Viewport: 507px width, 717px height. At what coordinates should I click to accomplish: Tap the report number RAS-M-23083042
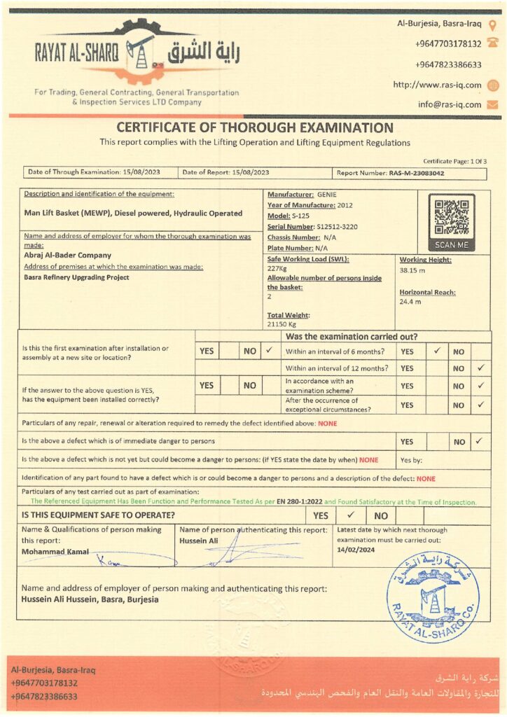click(417, 172)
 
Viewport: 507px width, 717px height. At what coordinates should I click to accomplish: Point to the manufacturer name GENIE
click(326, 194)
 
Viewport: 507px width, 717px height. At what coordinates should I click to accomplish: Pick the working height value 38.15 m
click(412, 270)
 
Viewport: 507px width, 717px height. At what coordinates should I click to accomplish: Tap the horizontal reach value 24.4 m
click(410, 302)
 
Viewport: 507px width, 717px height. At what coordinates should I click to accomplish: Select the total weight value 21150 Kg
click(283, 324)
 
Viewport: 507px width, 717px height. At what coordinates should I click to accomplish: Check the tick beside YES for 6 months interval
click(436, 351)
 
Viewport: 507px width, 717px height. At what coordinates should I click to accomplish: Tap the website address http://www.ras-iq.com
click(437, 85)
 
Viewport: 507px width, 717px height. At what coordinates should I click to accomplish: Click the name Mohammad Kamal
click(55, 552)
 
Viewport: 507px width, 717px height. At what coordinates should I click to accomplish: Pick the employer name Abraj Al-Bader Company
click(67, 256)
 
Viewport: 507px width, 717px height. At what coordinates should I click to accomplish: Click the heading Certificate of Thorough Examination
click(254, 127)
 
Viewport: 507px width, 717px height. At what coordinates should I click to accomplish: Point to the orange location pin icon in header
click(492, 26)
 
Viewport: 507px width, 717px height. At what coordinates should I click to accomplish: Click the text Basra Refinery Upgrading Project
click(76, 277)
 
